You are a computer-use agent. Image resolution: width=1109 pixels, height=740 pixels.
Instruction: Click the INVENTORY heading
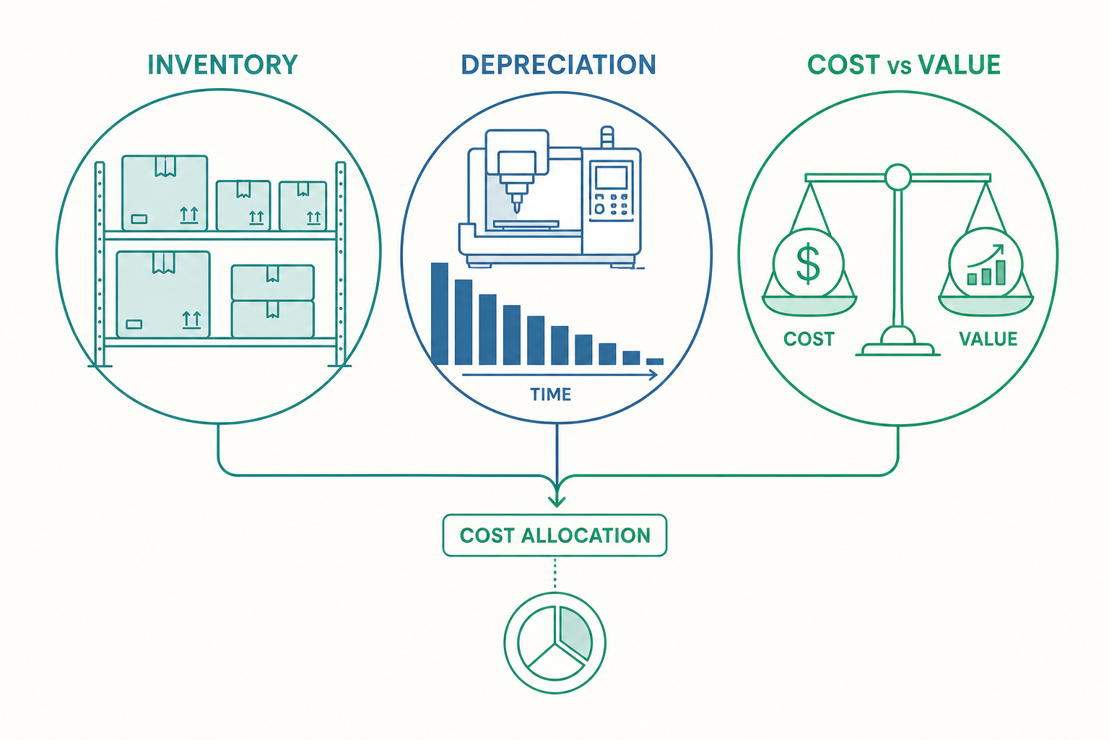[x=223, y=65]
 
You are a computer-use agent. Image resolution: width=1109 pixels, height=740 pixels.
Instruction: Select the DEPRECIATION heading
[x=558, y=65]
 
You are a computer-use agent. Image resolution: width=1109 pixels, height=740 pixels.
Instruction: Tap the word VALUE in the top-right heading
[x=959, y=65]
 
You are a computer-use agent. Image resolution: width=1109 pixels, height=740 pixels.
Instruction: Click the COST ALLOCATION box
[x=554, y=535]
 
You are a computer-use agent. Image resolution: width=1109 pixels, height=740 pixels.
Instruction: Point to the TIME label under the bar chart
[x=551, y=395]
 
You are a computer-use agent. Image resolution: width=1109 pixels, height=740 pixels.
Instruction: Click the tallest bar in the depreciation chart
[x=440, y=314]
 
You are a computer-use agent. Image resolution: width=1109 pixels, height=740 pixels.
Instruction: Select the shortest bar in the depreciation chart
[x=655, y=361]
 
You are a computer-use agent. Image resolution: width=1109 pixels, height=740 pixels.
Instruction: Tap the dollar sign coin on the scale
[x=808, y=263]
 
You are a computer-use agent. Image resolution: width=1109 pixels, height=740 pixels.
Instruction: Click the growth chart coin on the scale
[x=986, y=263]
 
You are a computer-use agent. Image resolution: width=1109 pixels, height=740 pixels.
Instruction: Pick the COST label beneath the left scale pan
[x=809, y=339]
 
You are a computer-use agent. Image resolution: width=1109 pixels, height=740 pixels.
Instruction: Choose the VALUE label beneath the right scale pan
[x=988, y=339]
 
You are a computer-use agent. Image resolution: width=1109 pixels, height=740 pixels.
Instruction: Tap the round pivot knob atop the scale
[x=897, y=177]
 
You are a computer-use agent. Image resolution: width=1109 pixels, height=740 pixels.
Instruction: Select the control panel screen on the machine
[x=611, y=177]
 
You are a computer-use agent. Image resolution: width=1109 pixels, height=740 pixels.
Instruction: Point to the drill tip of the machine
[x=516, y=210]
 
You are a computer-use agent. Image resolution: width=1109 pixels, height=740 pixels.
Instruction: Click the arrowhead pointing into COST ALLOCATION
[x=557, y=500]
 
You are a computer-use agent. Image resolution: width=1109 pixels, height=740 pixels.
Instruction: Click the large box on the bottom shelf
[x=163, y=294]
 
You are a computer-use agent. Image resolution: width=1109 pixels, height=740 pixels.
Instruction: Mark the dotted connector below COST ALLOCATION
[x=554, y=574]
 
